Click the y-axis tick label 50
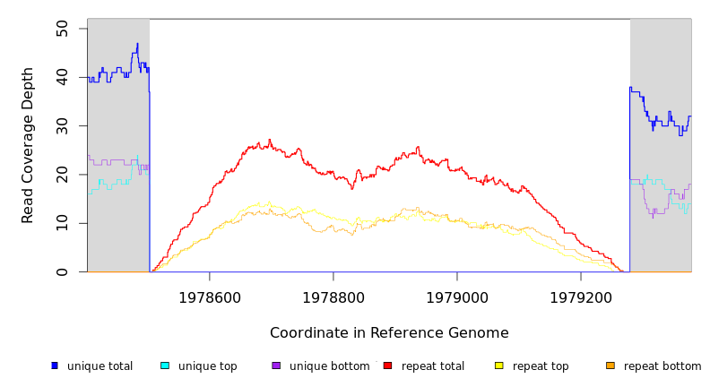pos(62,30)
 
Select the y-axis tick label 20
pos(62,176)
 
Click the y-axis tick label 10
pos(62,223)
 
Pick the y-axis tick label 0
pos(62,271)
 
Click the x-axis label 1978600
pos(210,297)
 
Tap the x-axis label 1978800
pos(333,297)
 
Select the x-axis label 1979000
pos(457,297)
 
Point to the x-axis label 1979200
pos(581,297)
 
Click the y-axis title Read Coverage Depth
pos(29,145)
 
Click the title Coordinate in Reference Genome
pos(389,333)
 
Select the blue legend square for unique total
pos(55,365)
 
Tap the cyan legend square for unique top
pos(165,365)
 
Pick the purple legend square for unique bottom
pos(276,365)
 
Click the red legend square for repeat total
pos(387,365)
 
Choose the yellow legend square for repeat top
pos(498,365)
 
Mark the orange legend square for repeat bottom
pos(610,365)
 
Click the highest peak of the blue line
pos(137,43)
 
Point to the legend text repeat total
pos(433,366)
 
